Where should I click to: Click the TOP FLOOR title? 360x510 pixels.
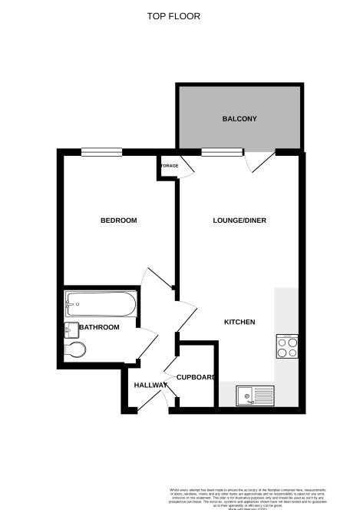(179, 15)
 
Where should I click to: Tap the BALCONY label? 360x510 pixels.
(239, 119)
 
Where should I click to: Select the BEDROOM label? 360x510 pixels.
(118, 221)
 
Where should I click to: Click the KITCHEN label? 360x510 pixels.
(239, 322)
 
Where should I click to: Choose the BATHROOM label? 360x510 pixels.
(100, 328)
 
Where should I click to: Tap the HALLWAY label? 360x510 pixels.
(150, 385)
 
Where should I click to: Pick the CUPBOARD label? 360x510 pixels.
(196, 377)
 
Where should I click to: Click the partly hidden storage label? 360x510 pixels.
(169, 165)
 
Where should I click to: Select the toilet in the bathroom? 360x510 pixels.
(75, 351)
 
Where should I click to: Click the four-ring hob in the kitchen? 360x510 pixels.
(288, 348)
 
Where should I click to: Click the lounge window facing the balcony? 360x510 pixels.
(213, 151)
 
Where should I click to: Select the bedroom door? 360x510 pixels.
(157, 280)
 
